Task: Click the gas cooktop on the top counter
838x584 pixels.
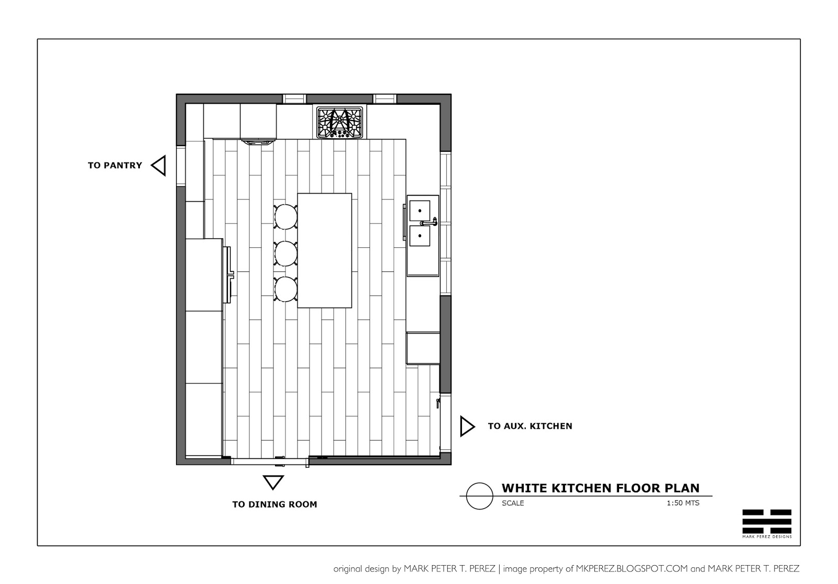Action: [340, 123]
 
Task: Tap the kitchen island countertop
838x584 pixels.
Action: [325, 251]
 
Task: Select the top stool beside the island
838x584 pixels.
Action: [286, 217]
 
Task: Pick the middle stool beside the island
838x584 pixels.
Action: [286, 254]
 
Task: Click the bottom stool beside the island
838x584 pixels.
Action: [286, 289]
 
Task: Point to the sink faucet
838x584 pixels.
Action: [429, 222]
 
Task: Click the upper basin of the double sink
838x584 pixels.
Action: [420, 211]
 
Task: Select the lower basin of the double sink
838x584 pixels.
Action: [420, 236]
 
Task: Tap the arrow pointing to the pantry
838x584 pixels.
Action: [159, 166]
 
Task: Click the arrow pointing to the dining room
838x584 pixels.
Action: [273, 482]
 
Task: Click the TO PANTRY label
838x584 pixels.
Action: [115, 166]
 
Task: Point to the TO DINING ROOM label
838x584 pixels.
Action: [274, 504]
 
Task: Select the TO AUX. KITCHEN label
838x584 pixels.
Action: [530, 426]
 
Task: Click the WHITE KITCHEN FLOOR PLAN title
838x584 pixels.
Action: [600, 488]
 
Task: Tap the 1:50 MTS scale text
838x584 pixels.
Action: [683, 503]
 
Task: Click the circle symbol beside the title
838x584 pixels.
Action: [480, 483]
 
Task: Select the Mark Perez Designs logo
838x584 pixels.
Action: [767, 524]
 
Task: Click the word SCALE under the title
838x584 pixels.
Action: [513, 503]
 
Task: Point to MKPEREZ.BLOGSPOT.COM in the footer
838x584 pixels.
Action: [632, 569]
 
